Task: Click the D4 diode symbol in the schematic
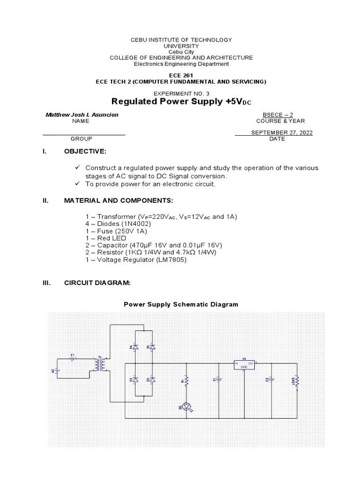(135, 347)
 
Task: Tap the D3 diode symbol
(135, 380)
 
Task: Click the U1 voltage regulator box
(244, 364)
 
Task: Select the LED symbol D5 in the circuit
(186, 406)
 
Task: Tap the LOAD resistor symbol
(297, 381)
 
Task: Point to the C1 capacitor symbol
(219, 379)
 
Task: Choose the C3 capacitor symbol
(272, 379)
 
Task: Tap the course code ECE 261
(181, 76)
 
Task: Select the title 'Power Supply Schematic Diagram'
(181, 304)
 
